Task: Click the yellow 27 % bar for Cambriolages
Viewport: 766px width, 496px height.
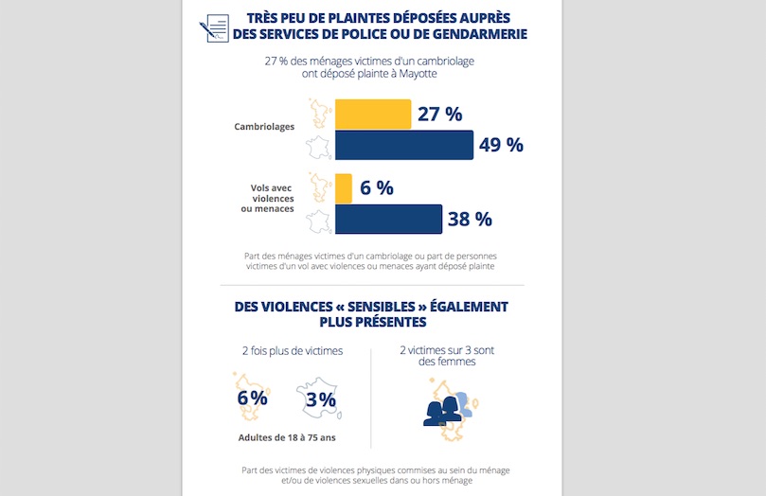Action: coord(373,115)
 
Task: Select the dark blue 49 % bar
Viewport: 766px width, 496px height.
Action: coord(404,145)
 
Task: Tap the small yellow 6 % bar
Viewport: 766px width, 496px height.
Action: coord(344,187)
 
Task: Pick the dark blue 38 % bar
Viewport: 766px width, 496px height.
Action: coord(388,219)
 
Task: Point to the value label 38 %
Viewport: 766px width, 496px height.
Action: coord(470,219)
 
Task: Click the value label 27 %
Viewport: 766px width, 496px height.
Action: coord(440,115)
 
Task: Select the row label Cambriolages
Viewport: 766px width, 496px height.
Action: coord(264,126)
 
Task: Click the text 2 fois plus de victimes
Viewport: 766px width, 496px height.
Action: coord(292,351)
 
